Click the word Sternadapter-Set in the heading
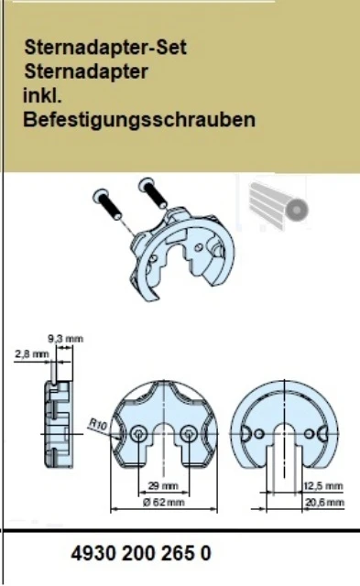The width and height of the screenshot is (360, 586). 105,48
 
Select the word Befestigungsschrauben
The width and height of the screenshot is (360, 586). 139,120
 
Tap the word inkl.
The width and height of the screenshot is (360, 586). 42,95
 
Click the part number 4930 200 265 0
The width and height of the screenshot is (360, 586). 141,553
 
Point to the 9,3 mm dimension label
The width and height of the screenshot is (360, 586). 65,339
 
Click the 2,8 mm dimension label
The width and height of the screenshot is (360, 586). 32,353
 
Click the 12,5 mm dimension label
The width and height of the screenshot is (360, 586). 323,486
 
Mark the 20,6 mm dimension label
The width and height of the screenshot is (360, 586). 324,503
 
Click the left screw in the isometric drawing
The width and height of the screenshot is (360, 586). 107,204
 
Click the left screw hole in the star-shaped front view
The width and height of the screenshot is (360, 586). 138,434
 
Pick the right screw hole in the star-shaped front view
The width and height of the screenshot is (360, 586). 189,434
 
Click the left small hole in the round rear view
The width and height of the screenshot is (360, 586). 259,434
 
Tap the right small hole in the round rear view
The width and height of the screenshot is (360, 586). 309,434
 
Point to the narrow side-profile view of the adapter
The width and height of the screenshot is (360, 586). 58,424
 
